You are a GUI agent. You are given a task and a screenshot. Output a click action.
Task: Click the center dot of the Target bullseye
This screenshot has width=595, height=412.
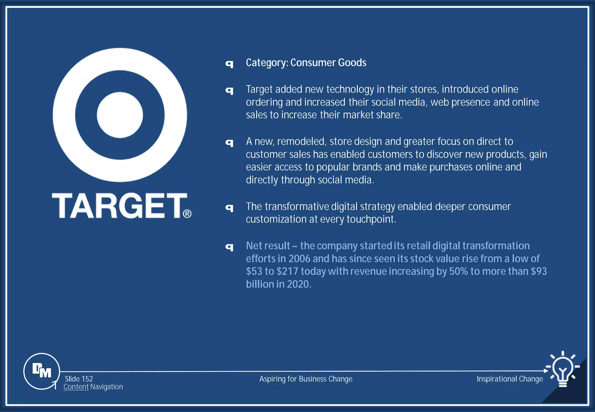point(120,115)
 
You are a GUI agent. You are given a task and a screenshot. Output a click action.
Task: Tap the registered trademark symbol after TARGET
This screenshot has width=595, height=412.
point(187,214)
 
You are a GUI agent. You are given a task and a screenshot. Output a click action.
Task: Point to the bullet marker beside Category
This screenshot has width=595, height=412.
point(230,64)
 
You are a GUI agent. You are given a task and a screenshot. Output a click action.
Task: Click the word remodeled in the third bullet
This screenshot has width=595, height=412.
point(302,141)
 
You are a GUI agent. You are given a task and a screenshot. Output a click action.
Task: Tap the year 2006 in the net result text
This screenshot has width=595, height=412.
point(299,259)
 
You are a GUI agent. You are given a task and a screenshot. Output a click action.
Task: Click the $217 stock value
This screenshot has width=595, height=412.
point(287,271)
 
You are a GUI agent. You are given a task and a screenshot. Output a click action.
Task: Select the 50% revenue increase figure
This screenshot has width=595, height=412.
point(458,271)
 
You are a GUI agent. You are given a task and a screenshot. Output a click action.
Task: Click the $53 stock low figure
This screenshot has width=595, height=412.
point(254,271)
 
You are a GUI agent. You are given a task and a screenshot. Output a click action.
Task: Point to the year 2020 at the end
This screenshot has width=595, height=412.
point(299,284)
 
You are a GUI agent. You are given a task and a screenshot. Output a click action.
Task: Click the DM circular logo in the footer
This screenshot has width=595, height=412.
point(42,371)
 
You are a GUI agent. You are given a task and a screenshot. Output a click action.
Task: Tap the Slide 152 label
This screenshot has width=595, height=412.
point(79,379)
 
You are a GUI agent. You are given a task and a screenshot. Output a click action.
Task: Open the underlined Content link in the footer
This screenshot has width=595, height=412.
point(76,387)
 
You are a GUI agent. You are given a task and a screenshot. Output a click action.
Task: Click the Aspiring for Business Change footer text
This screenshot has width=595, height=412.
point(306,379)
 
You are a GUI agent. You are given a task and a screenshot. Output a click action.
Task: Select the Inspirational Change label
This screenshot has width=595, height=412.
point(510,379)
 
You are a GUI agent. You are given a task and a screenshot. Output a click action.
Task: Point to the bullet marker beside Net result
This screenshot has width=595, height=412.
point(230,247)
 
